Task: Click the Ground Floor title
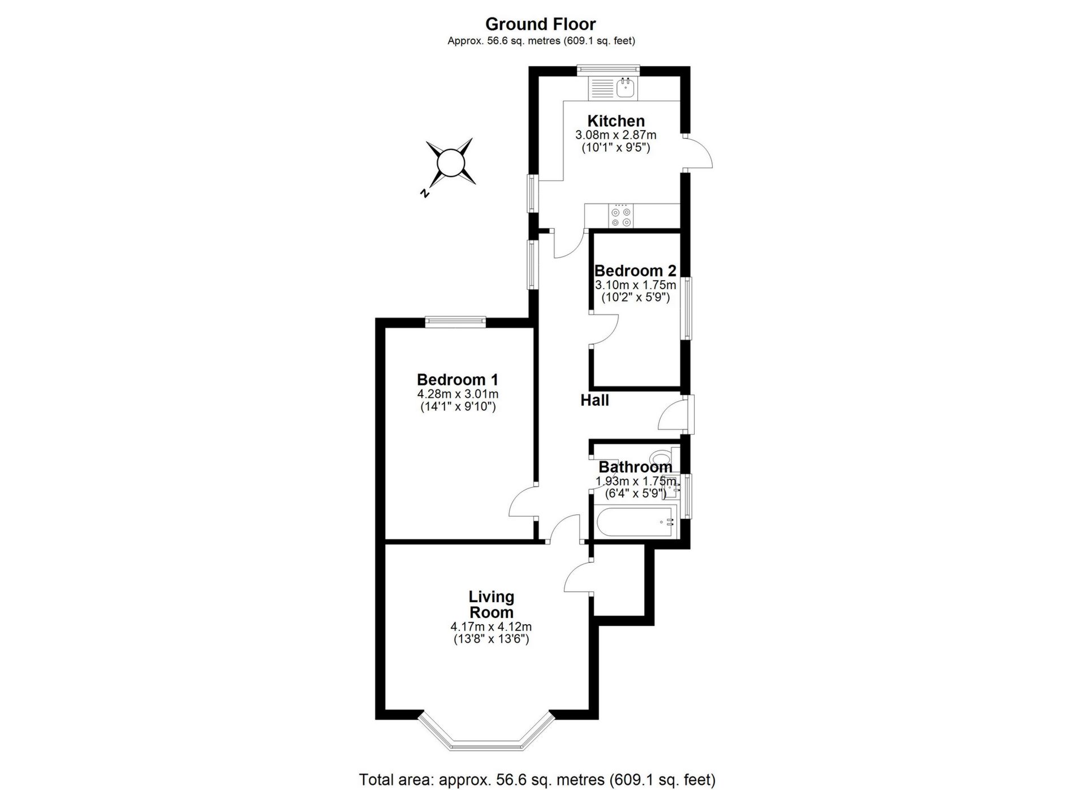click(540, 24)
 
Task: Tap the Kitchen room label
click(615, 121)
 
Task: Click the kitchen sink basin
click(626, 88)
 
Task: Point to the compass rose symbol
click(450, 162)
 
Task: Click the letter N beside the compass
click(424, 194)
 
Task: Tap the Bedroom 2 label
click(635, 271)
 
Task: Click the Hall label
click(594, 401)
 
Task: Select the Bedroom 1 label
click(458, 379)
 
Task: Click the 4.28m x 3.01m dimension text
click(458, 394)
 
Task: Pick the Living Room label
click(491, 604)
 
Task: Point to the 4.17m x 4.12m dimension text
click(491, 627)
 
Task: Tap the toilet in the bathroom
click(661, 456)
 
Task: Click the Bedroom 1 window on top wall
click(455, 321)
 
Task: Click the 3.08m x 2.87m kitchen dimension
click(615, 135)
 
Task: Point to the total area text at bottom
click(537, 780)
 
